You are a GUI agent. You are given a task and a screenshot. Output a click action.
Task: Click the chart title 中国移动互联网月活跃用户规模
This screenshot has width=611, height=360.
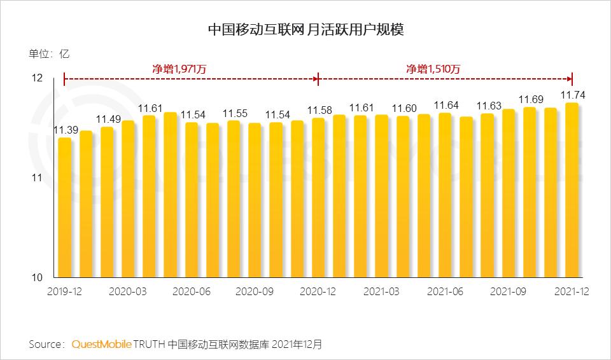(306, 29)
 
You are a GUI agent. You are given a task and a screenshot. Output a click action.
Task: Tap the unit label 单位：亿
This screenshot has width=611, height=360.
(49, 54)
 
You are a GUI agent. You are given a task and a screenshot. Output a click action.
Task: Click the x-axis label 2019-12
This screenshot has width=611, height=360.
(65, 291)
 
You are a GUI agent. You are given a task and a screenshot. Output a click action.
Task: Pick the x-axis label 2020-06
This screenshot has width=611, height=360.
(192, 291)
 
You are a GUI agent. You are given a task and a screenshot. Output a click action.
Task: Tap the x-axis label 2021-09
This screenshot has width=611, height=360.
(509, 291)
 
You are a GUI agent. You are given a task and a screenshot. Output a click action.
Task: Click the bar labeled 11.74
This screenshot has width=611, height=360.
(572, 190)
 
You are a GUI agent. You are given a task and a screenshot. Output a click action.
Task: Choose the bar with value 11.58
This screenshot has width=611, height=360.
(318, 198)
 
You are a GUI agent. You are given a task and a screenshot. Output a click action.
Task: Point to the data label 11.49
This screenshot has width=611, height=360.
(108, 119)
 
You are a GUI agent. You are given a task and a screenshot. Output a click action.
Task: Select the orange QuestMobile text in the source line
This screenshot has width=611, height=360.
(101, 344)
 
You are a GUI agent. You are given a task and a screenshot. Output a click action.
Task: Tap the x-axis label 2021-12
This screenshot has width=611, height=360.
(571, 291)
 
